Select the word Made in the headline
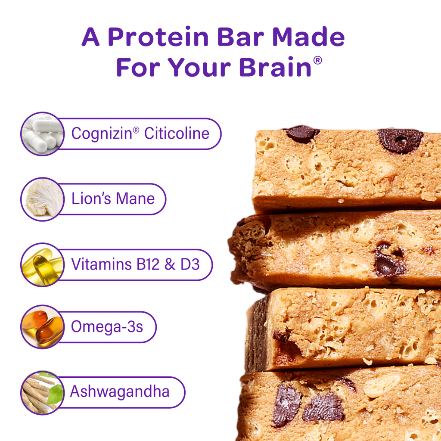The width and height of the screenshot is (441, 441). (x=308, y=38)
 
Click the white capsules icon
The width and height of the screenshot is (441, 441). (x=41, y=134)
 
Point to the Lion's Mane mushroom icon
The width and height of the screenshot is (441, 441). (x=41, y=199)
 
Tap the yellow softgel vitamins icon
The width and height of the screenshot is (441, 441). (x=41, y=264)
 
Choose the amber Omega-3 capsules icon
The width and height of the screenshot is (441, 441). (x=41, y=327)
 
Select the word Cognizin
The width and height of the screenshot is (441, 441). (x=102, y=134)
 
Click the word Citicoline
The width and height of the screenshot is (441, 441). (x=177, y=134)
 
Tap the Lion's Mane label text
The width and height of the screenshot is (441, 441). (x=113, y=199)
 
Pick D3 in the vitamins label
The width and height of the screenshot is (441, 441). (x=190, y=264)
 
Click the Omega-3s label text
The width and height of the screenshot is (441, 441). (x=107, y=327)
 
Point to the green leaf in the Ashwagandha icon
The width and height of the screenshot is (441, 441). (x=56, y=394)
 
